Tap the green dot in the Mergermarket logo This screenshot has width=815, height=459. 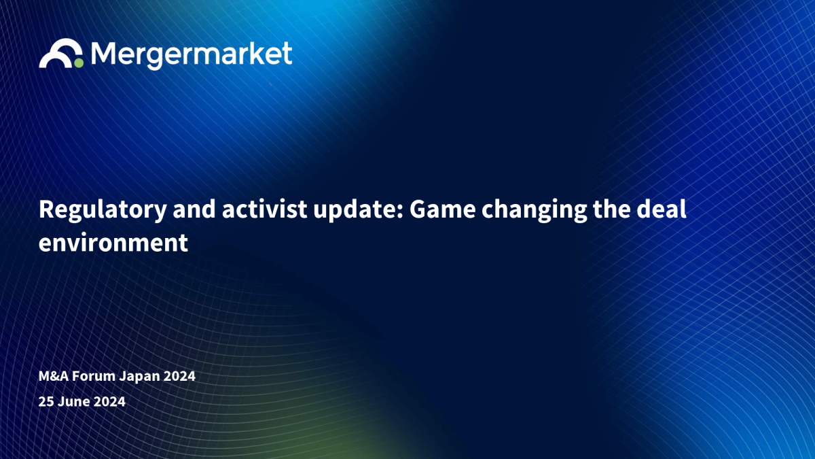coord(79,63)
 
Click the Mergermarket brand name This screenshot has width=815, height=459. coord(192,55)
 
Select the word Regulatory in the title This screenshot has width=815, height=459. coord(103,210)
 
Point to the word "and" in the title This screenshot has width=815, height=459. coord(194,209)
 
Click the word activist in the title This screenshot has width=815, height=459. coord(264,209)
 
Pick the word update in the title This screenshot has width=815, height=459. coord(355,210)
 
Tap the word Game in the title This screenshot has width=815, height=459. coord(442,209)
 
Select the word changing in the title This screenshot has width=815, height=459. coord(534,210)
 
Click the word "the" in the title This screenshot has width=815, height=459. coord(611,209)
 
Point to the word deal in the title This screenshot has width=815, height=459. coord(661,209)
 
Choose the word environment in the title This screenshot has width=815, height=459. coord(113,243)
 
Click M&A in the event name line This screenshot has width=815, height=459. coord(54,376)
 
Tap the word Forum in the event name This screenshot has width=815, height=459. coord(94,376)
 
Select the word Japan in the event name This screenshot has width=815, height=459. coord(139,377)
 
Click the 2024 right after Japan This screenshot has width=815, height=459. coord(179,376)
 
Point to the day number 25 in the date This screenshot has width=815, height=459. coord(46,401)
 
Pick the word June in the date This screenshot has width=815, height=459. coord(74,401)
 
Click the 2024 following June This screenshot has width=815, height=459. coord(109,401)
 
